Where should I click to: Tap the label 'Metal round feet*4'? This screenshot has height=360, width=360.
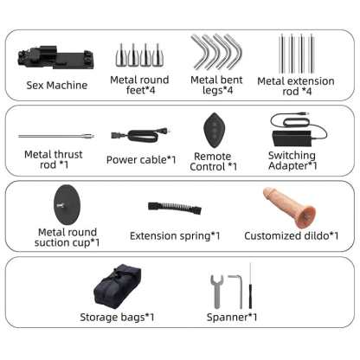(x=139, y=85)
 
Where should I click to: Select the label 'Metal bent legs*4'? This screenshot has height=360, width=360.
(x=216, y=85)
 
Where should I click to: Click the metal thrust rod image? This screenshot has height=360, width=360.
(x=56, y=136)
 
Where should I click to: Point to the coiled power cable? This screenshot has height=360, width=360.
(x=140, y=135)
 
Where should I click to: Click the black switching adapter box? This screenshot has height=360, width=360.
(x=292, y=138)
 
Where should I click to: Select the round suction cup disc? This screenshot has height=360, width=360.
(x=67, y=205)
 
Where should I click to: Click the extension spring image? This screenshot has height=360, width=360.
(x=175, y=208)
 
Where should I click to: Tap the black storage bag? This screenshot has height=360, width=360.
(x=117, y=286)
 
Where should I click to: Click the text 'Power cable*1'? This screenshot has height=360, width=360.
(x=141, y=160)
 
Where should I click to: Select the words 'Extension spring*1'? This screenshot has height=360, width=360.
(x=175, y=236)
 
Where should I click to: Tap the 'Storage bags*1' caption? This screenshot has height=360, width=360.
(x=117, y=318)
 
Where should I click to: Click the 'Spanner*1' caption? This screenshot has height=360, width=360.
(x=232, y=318)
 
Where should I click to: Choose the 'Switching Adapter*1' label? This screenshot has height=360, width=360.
(x=292, y=160)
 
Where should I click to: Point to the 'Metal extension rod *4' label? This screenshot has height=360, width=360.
(x=296, y=86)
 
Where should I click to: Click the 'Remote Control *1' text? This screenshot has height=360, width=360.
(x=214, y=161)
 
